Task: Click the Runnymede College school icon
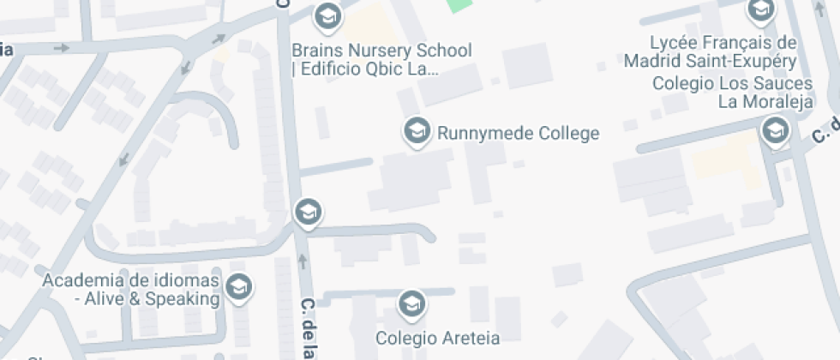(417, 131)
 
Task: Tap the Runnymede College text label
(518, 134)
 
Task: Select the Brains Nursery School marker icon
(326, 15)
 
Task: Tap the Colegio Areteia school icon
(411, 303)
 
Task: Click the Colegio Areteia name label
(437, 337)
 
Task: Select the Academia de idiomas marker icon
(239, 287)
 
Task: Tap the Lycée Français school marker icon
(759, 10)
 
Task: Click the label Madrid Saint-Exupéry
(711, 61)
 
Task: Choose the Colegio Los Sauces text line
(731, 83)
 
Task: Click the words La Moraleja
(764, 102)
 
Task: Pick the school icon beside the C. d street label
(775, 131)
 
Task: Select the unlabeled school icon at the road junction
(307, 211)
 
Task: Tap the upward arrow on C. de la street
(302, 261)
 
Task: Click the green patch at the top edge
(459, 5)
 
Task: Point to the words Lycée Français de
(723, 43)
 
